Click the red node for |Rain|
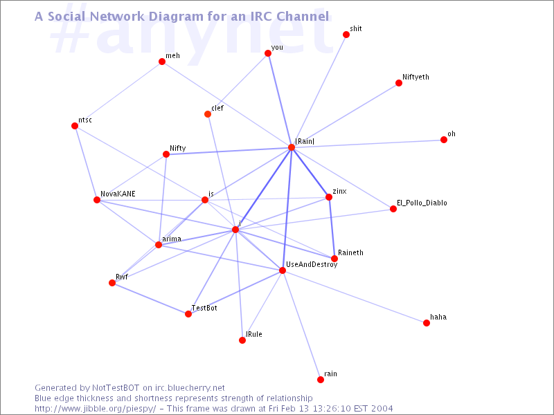pyautogui.click(x=292, y=147)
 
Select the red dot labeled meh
pyautogui.click(x=162, y=62)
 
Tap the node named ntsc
pyautogui.click(x=75, y=126)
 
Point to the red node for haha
pyautogui.click(x=427, y=323)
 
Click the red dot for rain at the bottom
pyautogui.click(x=321, y=380)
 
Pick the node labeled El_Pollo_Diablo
pyautogui.click(x=393, y=209)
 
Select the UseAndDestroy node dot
pyautogui.click(x=283, y=270)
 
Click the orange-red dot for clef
pyautogui.click(x=208, y=114)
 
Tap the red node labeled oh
pyautogui.click(x=444, y=140)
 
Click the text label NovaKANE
pyautogui.click(x=118, y=194)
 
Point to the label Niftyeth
pyautogui.click(x=416, y=77)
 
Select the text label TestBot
pyautogui.click(x=204, y=308)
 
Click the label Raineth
pyautogui.click(x=350, y=252)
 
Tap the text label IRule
pyautogui.click(x=254, y=334)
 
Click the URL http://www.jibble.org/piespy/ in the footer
pyautogui.click(x=95, y=409)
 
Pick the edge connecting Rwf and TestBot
pyautogui.click(x=150, y=299)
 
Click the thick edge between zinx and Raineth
pyautogui.click(x=332, y=228)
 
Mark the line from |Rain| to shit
pyautogui.click(x=319, y=91)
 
